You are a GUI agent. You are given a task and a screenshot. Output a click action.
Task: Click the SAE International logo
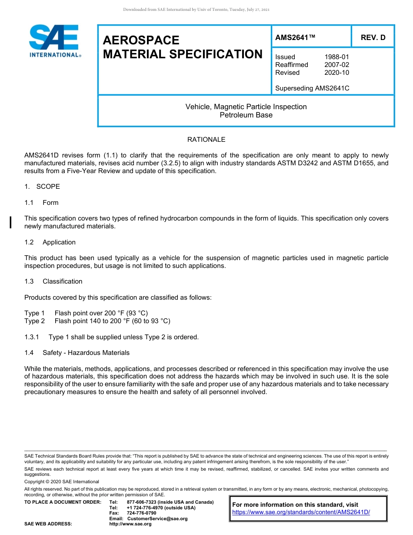point(55,41)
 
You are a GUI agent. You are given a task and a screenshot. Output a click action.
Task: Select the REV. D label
point(373,37)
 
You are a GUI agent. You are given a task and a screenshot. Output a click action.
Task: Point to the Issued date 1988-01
point(336,57)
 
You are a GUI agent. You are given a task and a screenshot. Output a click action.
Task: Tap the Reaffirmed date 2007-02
point(336,65)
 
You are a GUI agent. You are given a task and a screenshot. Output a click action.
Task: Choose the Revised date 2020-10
point(336,73)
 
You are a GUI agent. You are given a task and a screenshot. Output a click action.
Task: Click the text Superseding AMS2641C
point(312,88)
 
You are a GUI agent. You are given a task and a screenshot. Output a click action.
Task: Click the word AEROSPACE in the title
point(141,40)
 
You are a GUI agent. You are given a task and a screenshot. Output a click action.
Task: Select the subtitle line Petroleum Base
point(246,115)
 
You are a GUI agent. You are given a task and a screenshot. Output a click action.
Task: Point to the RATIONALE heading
point(206,140)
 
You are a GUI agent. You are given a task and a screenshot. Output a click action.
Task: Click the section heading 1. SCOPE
point(42,187)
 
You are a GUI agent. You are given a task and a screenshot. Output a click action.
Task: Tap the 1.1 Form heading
point(41,203)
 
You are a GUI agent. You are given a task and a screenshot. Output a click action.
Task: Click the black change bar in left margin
point(10,222)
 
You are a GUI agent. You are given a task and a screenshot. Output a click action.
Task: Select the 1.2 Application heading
point(50,242)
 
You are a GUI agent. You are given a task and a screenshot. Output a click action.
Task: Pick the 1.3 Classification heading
point(53,281)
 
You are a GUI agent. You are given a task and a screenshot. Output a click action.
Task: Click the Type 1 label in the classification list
point(34,313)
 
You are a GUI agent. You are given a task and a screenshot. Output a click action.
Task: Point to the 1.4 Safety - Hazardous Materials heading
point(77,353)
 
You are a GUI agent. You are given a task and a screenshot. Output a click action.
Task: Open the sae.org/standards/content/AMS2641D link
point(301,512)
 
